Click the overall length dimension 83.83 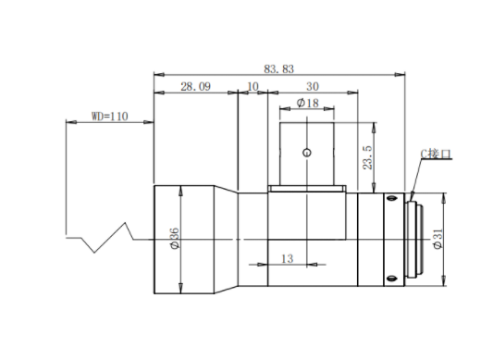click(279, 68)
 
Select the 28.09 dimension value click(195, 87)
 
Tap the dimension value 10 click(253, 87)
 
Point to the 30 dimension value click(313, 87)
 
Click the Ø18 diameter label click(307, 103)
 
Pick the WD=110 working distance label click(110, 117)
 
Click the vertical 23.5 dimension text click(367, 157)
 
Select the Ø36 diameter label click(174, 239)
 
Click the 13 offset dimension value click(287, 259)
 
